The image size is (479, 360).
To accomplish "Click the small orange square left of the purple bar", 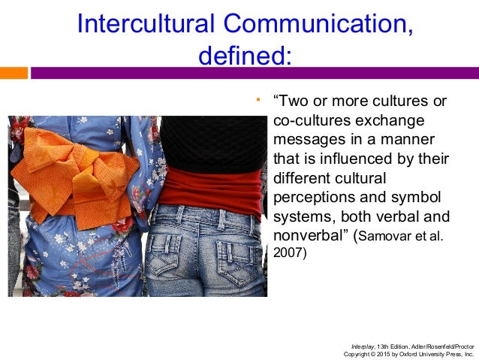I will pyautogui.click(x=14, y=73).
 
